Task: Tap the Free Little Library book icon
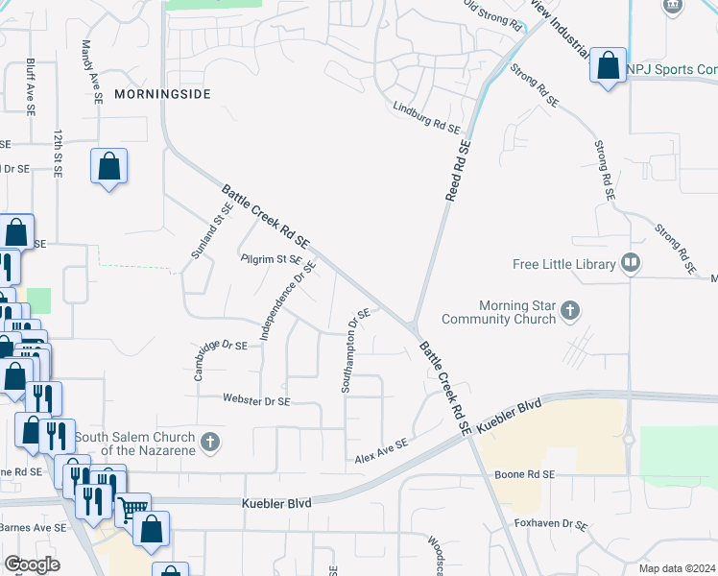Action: (631, 263)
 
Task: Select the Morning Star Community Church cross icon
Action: (571, 310)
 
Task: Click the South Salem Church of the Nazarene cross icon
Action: (211, 443)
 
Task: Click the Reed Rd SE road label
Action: (459, 171)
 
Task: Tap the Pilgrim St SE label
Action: (271, 258)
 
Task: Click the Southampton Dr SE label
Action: (355, 350)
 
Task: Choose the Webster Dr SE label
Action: (256, 399)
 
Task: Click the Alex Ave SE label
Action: (382, 451)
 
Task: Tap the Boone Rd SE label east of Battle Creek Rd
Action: (525, 474)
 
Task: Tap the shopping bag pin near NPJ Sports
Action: (608, 66)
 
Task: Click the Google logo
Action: (33, 564)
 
